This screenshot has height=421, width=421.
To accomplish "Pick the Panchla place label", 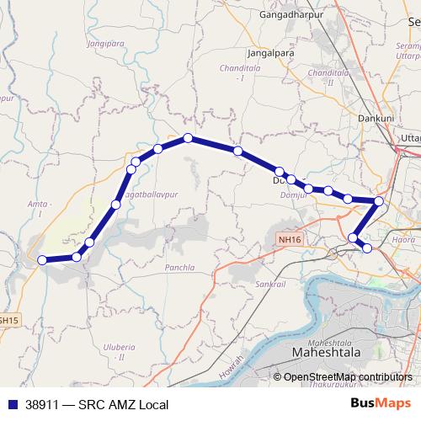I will (179, 267).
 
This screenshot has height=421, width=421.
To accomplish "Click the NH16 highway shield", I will (290, 240).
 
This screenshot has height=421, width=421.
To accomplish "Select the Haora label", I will (404, 241).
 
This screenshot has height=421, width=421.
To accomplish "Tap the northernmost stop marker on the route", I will (188, 138).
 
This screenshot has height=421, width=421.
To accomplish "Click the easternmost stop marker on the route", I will (379, 201).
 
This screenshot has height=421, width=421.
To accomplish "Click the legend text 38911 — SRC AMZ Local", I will (97, 405).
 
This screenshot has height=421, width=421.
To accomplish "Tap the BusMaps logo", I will (381, 404).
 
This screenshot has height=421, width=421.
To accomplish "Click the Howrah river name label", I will (235, 368).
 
